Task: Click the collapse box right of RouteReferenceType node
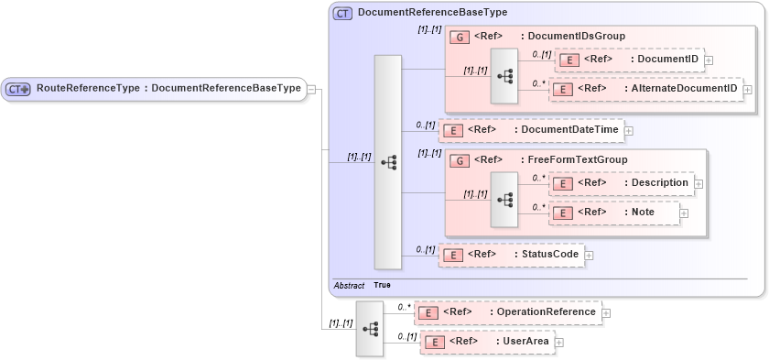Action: pyautogui.click(x=311, y=89)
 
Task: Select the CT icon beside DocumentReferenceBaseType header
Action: pyautogui.click(x=342, y=13)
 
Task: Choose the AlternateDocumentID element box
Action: pyautogui.click(x=644, y=89)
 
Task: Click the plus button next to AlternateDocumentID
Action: pyautogui.click(x=748, y=90)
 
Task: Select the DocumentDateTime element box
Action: pyautogui.click(x=531, y=130)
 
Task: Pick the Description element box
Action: pyautogui.click(x=621, y=183)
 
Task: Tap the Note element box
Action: pyautogui.click(x=613, y=213)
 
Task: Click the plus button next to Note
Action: pyautogui.click(x=684, y=213)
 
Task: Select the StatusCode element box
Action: pyautogui.click(x=511, y=254)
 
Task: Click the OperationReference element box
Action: pyautogui.click(x=507, y=312)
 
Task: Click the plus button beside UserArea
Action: pyautogui.click(x=559, y=343)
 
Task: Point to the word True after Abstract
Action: pyautogui.click(x=382, y=286)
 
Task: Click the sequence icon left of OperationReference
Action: pyautogui.click(x=370, y=327)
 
